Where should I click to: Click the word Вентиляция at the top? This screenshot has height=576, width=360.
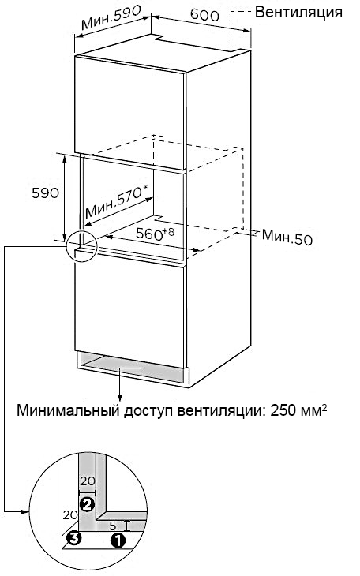[298, 13]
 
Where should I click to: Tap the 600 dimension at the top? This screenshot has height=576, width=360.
[204, 15]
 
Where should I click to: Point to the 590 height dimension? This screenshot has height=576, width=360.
[45, 193]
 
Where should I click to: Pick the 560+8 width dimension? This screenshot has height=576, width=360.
[155, 234]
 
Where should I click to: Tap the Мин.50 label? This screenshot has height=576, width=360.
[287, 238]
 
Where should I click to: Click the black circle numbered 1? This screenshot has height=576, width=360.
[118, 540]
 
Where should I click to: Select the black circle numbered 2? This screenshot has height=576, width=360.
[87, 504]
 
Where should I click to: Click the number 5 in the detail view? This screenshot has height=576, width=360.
[113, 526]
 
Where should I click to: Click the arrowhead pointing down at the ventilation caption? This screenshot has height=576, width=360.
[120, 398]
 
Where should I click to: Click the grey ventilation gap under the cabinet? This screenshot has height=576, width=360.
[133, 368]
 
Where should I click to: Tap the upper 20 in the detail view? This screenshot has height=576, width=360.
[87, 481]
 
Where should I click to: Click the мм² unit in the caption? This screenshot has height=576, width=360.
[313, 410]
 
